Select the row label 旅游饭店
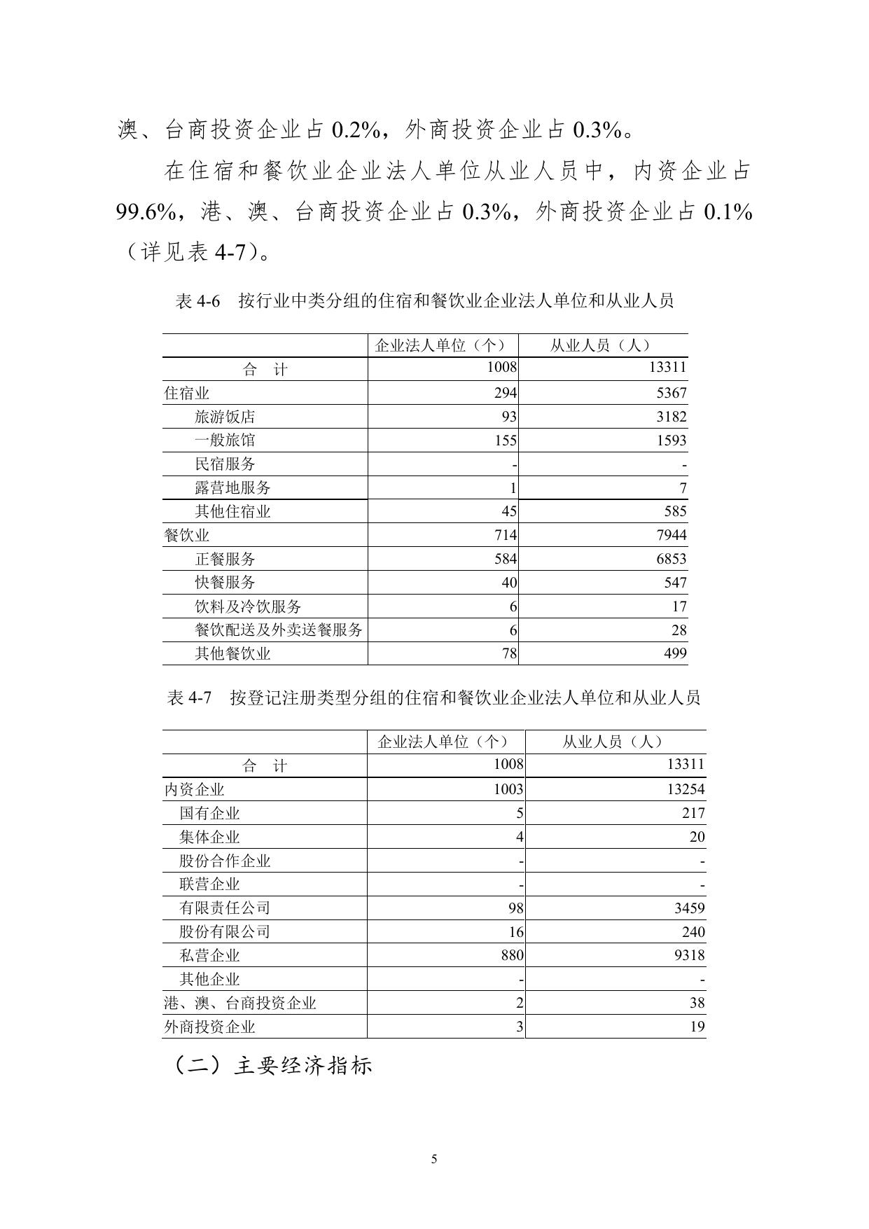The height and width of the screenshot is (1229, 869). [225, 417]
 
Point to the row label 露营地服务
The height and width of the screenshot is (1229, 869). [232, 488]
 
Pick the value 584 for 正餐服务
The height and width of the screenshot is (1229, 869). [503, 559]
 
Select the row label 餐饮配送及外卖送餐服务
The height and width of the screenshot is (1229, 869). [279, 630]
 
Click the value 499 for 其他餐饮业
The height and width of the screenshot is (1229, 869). [675, 654]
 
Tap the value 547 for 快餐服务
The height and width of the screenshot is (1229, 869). [675, 583]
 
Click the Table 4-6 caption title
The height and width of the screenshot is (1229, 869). [424, 301]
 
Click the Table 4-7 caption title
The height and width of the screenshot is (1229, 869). [434, 697]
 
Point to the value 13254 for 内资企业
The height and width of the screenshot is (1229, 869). [686, 789]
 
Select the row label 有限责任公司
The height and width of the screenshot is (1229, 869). [225, 908]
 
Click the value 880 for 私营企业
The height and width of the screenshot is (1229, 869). [511, 955]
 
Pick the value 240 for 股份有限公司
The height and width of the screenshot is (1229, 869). [693, 932]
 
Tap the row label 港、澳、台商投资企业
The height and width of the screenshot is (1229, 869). [240, 1004]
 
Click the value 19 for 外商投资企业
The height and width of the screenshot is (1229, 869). [697, 1027]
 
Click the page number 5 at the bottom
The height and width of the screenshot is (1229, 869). [434, 1159]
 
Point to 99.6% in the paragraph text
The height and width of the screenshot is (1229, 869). [145, 211]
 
